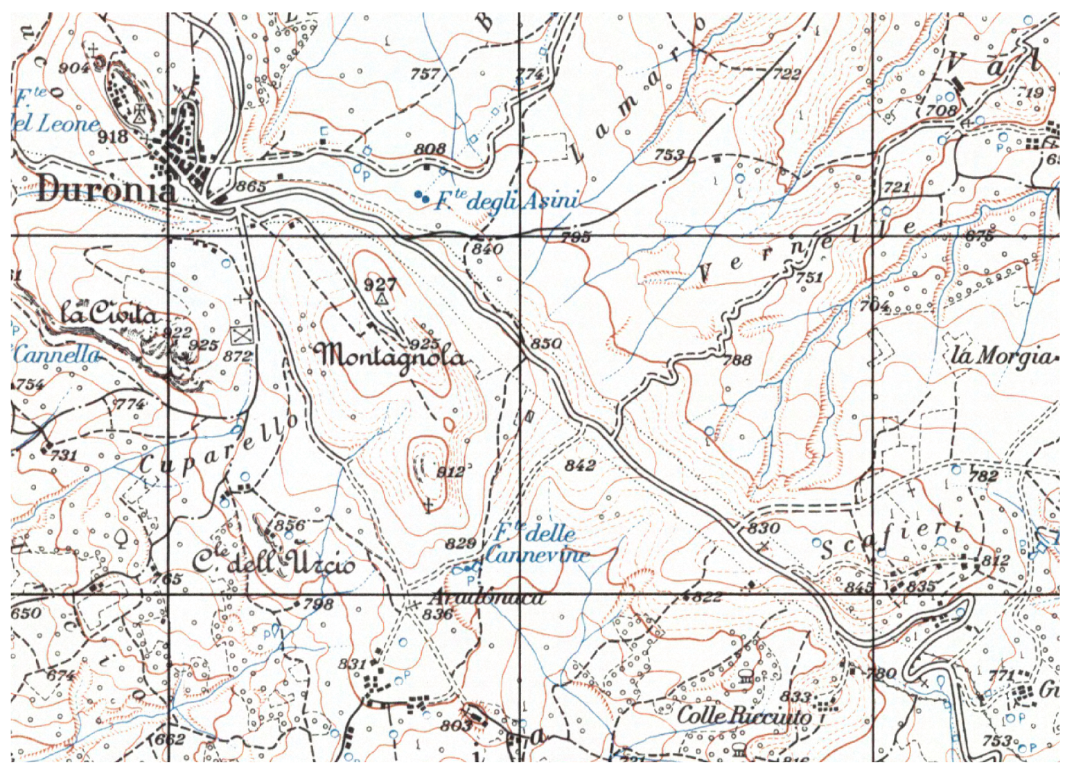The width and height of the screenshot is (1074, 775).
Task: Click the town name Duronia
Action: point(106,189)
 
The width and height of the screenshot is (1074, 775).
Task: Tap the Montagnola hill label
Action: point(390,357)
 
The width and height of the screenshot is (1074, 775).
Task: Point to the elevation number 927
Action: point(380,284)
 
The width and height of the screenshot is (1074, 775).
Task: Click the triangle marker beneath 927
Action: point(380,299)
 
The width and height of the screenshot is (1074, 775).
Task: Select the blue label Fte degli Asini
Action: point(505,202)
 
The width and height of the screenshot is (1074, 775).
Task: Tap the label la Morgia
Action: point(1001,356)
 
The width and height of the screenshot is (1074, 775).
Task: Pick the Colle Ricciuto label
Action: point(743,715)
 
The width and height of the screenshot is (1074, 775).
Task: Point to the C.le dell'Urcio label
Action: point(272,563)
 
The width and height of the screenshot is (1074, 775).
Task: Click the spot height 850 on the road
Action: point(545,344)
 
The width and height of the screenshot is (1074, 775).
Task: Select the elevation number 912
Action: point(450,472)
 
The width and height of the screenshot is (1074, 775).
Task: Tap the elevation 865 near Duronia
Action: point(251,186)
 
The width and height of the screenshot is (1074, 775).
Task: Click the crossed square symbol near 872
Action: point(240,336)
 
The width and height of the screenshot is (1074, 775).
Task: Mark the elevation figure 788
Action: point(737,360)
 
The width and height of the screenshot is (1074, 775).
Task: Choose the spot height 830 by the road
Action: point(764,528)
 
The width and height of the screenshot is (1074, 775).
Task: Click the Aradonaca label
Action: point(486,597)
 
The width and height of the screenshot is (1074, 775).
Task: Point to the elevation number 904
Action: point(73,67)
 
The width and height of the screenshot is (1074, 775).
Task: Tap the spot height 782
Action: point(983,476)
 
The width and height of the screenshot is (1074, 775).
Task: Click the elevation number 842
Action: point(579,465)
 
